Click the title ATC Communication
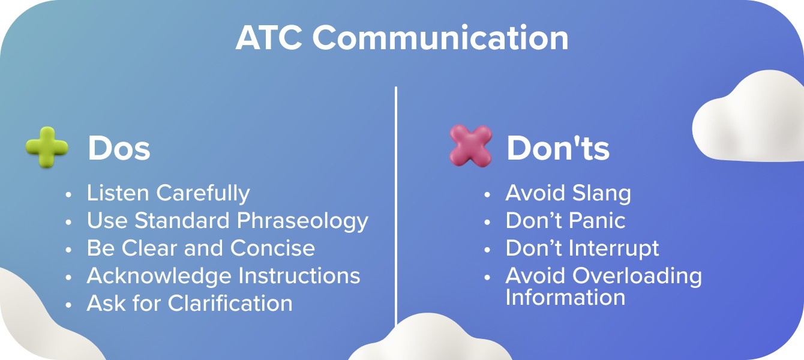click(401, 38)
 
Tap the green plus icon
click(47, 147)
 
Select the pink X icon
click(470, 146)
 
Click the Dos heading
click(119, 148)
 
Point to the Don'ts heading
click(558, 148)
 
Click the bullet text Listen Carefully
click(168, 193)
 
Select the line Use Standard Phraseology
click(227, 221)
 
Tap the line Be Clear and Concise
click(200, 248)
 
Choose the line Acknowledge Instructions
click(223, 276)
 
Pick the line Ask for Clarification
click(190, 304)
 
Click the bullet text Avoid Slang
click(568, 193)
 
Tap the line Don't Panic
click(565, 221)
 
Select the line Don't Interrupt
click(582, 248)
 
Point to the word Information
click(565, 298)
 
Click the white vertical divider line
click(396, 198)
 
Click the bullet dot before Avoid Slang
click(488, 194)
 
